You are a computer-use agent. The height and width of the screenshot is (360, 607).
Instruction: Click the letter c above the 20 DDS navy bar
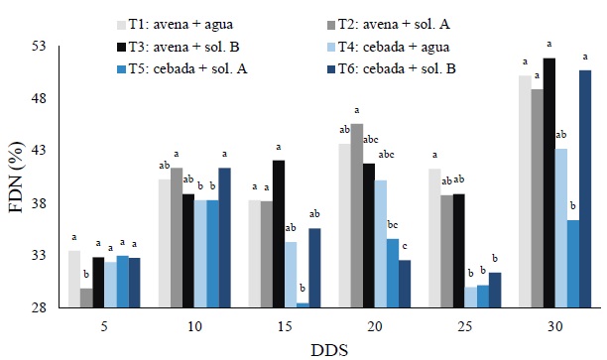405,246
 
